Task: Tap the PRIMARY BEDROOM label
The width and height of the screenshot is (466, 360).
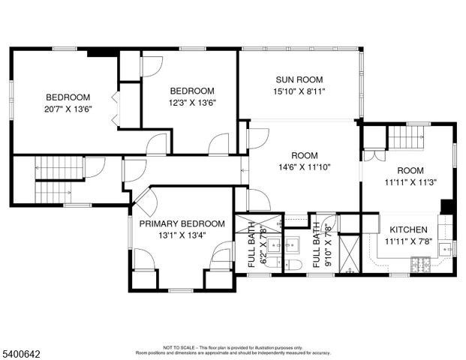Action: [182, 223]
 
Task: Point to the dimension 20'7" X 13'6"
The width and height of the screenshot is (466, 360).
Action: [68, 109]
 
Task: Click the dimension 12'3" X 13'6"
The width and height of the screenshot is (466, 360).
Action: [192, 103]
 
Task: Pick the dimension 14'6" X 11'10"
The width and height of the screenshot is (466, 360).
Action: [299, 167]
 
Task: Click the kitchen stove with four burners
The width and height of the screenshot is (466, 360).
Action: [420, 264]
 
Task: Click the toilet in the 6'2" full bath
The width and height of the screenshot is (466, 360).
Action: [272, 263]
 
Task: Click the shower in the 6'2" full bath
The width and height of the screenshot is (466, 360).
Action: [247, 222]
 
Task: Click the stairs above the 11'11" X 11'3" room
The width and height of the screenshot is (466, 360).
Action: [406, 137]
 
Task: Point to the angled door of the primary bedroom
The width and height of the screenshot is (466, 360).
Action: [145, 199]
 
